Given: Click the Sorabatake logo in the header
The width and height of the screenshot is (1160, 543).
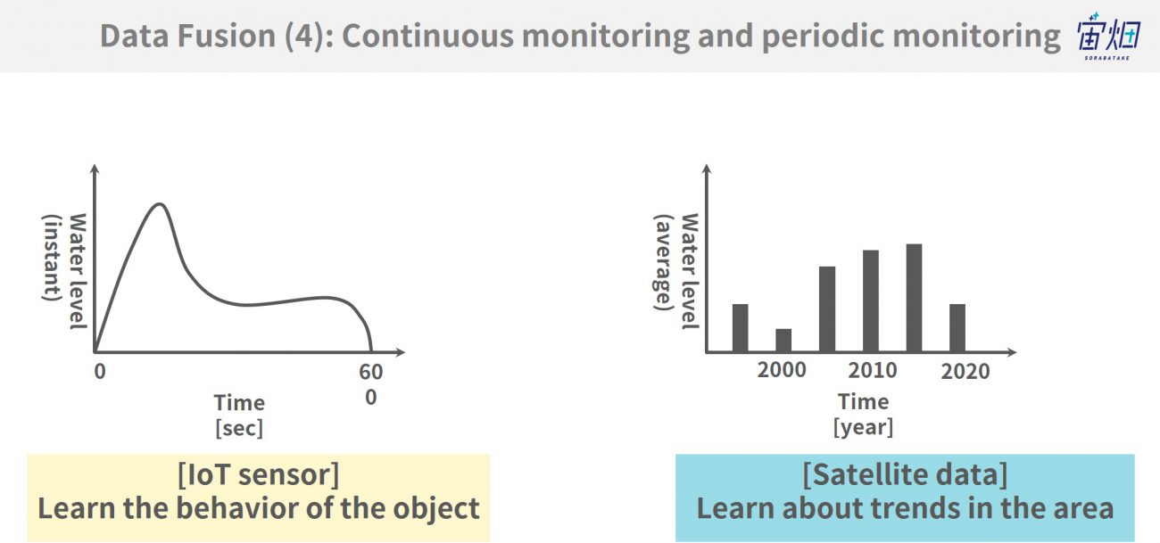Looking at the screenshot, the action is click(x=1108, y=37).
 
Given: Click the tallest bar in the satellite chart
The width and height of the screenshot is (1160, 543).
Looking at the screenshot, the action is click(x=914, y=298).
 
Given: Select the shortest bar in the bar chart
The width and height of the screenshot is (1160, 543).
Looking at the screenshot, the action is click(x=783, y=341).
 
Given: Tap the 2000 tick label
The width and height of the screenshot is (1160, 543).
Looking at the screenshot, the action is click(x=782, y=370).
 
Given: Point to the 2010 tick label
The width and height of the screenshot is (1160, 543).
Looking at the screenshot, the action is click(x=872, y=370).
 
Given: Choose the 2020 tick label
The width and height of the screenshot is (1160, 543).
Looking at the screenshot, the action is click(x=965, y=371).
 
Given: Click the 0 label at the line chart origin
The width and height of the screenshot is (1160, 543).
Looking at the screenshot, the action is click(x=100, y=371).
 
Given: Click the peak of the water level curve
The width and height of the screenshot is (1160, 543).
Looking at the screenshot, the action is click(x=160, y=204).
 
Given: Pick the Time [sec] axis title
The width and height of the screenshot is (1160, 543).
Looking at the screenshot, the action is click(x=239, y=415).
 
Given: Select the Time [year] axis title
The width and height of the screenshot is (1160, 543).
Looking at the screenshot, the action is click(x=863, y=414).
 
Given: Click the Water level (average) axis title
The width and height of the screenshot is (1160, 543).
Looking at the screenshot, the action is click(x=676, y=271).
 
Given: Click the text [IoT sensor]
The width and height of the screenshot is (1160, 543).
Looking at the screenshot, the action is click(x=259, y=474).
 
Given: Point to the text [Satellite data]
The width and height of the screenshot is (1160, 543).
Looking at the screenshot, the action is click(x=905, y=474).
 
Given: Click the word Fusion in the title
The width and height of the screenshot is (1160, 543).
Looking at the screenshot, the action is click(x=227, y=36).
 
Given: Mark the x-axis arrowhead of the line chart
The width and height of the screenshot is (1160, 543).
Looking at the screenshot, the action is click(x=401, y=352).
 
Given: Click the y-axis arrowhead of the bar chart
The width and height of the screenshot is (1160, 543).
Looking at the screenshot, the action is click(x=707, y=169).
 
